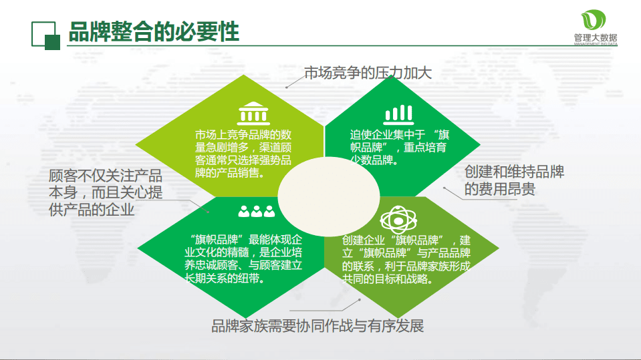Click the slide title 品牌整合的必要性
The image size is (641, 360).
tap(154, 31)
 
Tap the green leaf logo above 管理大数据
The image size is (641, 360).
tap(594, 19)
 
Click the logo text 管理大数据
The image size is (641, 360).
tap(595, 37)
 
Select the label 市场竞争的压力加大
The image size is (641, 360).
tap(368, 73)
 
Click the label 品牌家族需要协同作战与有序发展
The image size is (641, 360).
tap(317, 327)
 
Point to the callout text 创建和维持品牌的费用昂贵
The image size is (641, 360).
tap(514, 181)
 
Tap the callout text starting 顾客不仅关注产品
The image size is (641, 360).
tap(106, 192)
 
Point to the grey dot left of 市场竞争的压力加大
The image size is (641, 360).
tap(287, 87)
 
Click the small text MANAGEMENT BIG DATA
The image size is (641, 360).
tap(595, 45)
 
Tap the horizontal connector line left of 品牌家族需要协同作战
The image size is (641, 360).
tap(314, 310)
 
